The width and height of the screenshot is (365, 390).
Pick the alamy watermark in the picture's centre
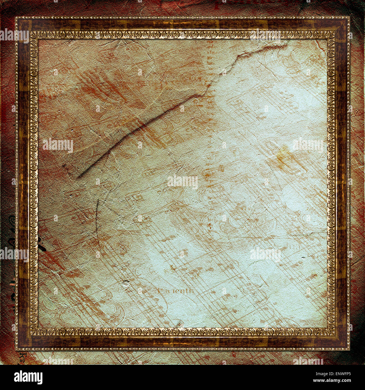point(182,182)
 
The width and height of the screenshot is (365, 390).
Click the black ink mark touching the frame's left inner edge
point(42,247)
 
